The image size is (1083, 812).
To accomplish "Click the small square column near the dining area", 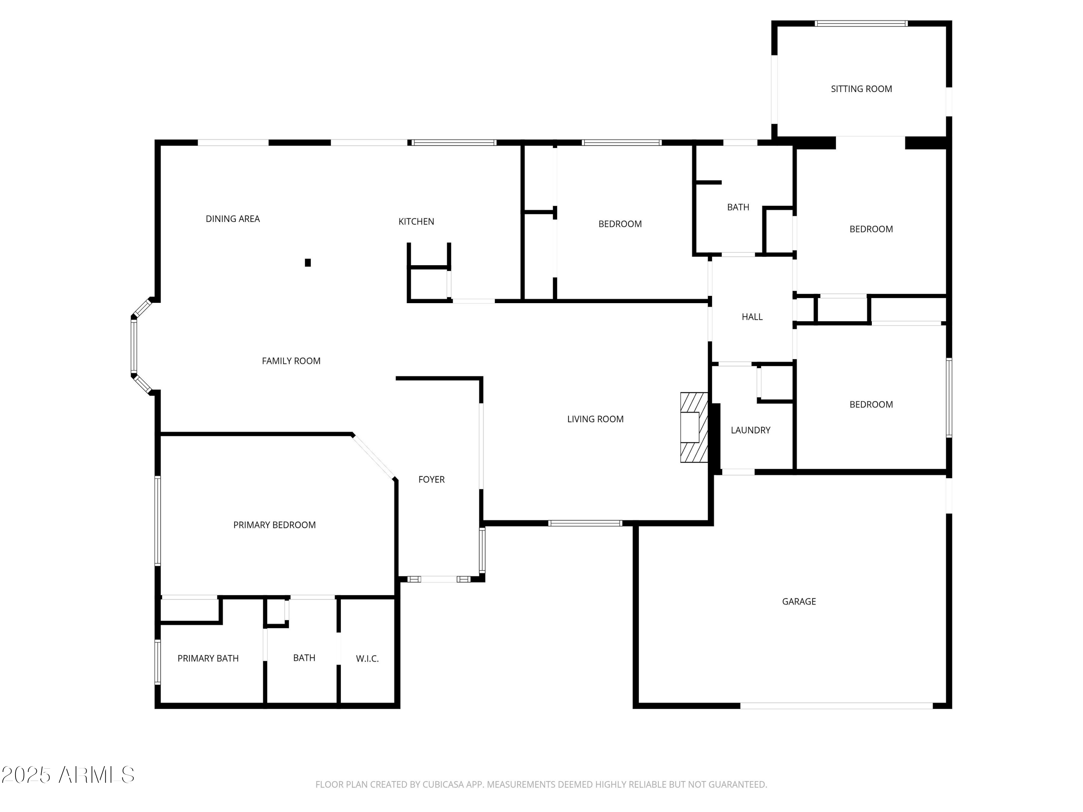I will pyautogui.click(x=308, y=262).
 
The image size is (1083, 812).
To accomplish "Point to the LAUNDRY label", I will pyautogui.click(x=750, y=430).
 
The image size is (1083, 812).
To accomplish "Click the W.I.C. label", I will pyautogui.click(x=367, y=658).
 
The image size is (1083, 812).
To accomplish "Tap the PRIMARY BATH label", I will pyautogui.click(x=208, y=658).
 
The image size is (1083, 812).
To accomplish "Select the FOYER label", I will pyautogui.click(x=431, y=479).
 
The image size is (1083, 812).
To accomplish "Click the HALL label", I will pyautogui.click(x=752, y=316).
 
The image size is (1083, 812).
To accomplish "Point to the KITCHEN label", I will pyautogui.click(x=416, y=221).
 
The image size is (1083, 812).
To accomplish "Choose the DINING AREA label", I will pyautogui.click(x=232, y=219).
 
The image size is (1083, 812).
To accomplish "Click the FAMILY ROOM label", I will pyautogui.click(x=291, y=361).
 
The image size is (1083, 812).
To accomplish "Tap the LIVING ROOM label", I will pyautogui.click(x=595, y=419).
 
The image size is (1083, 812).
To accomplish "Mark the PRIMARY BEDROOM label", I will pyautogui.click(x=274, y=525).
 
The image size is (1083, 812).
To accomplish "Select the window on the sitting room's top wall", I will pyautogui.click(x=861, y=23).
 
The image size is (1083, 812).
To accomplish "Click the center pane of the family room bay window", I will pyautogui.click(x=134, y=346).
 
